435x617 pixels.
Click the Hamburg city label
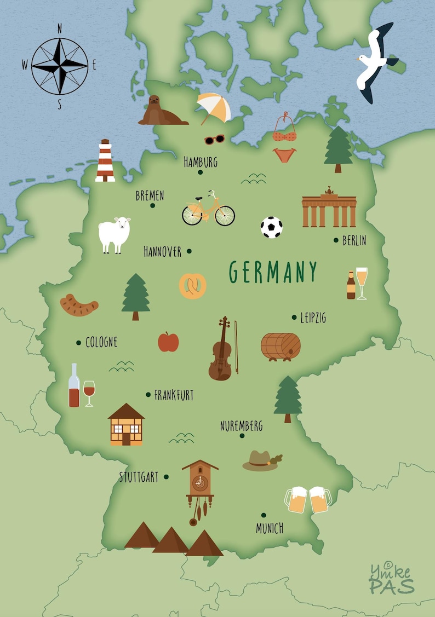pos(201,162)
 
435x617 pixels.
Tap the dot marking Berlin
pos(336,240)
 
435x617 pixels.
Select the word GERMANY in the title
pos(273,272)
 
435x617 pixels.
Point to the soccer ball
pos(271,227)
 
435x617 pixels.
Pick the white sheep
pos(115,234)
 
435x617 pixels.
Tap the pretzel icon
pos(193,286)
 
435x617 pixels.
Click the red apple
pos(168,342)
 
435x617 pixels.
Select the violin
pos(221,350)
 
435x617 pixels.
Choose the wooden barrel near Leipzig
pos(281,346)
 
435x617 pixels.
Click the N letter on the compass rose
pos(60,29)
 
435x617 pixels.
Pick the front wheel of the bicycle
pos(225,215)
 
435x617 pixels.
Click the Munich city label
pos(270,528)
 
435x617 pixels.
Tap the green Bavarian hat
pos(261,460)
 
